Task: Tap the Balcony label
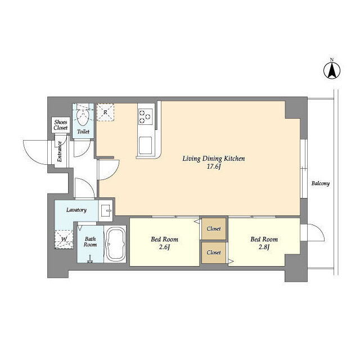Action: point(321,183)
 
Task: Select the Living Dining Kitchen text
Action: point(214,159)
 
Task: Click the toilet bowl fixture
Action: point(83,116)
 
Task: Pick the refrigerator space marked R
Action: point(105,112)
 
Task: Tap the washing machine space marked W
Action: point(64,239)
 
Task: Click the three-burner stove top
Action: point(145,116)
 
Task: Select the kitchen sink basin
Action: point(145,145)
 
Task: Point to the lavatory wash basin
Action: point(105,210)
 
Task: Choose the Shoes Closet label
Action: point(61,125)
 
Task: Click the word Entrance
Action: point(60,151)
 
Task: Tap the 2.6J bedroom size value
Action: point(164,247)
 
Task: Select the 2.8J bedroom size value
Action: point(264,247)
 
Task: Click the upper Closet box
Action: point(214,229)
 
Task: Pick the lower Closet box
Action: point(214,253)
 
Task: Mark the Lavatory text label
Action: point(76,210)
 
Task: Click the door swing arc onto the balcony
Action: point(319,231)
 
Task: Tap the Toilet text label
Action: point(83,132)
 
